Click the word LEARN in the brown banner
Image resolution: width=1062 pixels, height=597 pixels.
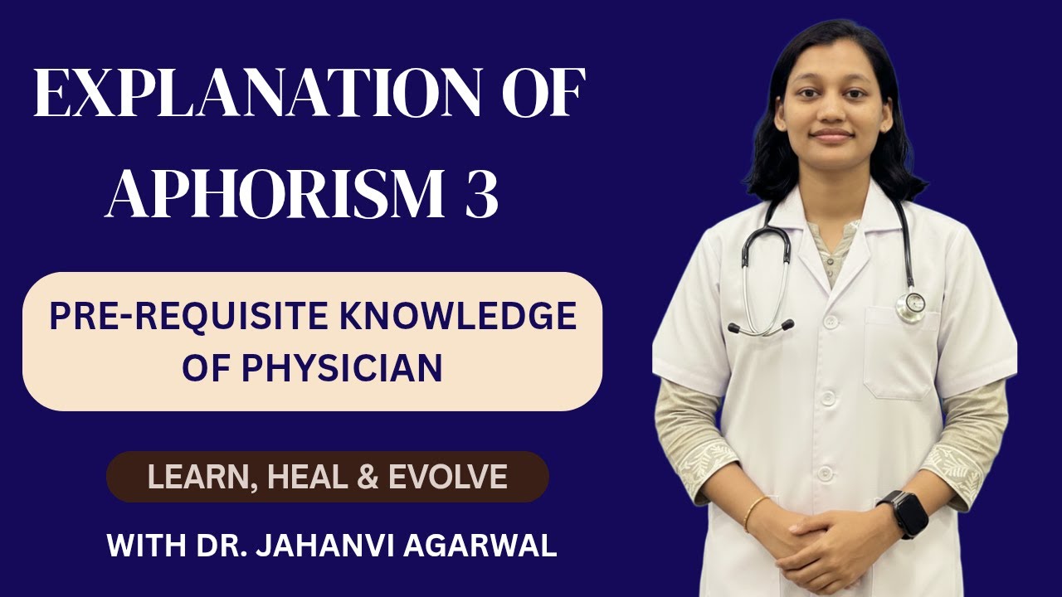pyautogui.click(x=195, y=478)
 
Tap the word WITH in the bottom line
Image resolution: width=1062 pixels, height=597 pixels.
pyautogui.click(x=140, y=547)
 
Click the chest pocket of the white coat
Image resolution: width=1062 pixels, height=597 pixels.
pyautogui.click(x=900, y=352)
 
